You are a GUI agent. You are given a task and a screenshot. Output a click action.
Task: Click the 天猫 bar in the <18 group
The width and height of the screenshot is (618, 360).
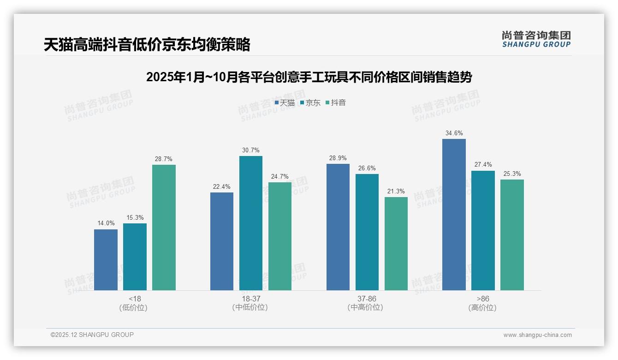[106, 260]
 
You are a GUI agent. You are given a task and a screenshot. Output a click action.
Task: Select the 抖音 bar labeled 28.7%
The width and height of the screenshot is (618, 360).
[164, 228]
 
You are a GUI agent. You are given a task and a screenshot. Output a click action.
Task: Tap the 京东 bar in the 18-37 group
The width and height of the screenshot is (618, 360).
[250, 223]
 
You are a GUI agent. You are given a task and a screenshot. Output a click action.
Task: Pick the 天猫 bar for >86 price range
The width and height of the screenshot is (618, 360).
[454, 215]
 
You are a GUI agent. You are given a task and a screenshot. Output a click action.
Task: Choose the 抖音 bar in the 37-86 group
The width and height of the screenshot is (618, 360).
[396, 244]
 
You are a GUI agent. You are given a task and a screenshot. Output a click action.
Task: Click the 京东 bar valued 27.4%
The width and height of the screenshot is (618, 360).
[483, 230]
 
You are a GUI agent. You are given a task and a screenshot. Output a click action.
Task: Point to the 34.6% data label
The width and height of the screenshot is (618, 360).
[454, 133]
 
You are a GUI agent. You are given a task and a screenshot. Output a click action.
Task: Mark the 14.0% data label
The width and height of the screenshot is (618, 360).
[106, 223]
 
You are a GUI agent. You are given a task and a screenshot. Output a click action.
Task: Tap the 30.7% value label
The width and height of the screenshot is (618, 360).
[250, 150]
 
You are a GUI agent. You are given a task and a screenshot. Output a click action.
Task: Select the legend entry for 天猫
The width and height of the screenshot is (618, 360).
[285, 103]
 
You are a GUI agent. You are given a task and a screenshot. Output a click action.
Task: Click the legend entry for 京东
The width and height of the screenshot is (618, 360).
[310, 103]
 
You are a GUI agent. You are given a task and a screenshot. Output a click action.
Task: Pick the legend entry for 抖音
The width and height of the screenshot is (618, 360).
[336, 103]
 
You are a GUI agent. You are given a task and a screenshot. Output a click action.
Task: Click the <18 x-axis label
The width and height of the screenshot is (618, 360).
[135, 299]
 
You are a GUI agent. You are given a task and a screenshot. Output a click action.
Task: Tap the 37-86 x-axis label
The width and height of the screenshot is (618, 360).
[367, 299]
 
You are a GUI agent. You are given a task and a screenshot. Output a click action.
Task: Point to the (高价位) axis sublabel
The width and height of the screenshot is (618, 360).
[482, 307]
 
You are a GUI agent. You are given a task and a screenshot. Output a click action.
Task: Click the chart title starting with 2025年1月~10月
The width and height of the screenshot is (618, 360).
[309, 77]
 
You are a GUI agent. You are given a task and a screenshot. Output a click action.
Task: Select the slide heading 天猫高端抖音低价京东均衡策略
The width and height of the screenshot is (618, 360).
[147, 45]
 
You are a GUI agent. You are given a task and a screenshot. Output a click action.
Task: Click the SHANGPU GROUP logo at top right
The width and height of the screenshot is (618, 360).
[536, 39]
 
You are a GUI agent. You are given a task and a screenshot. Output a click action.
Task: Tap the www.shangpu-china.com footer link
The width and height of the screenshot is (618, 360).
[537, 335]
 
